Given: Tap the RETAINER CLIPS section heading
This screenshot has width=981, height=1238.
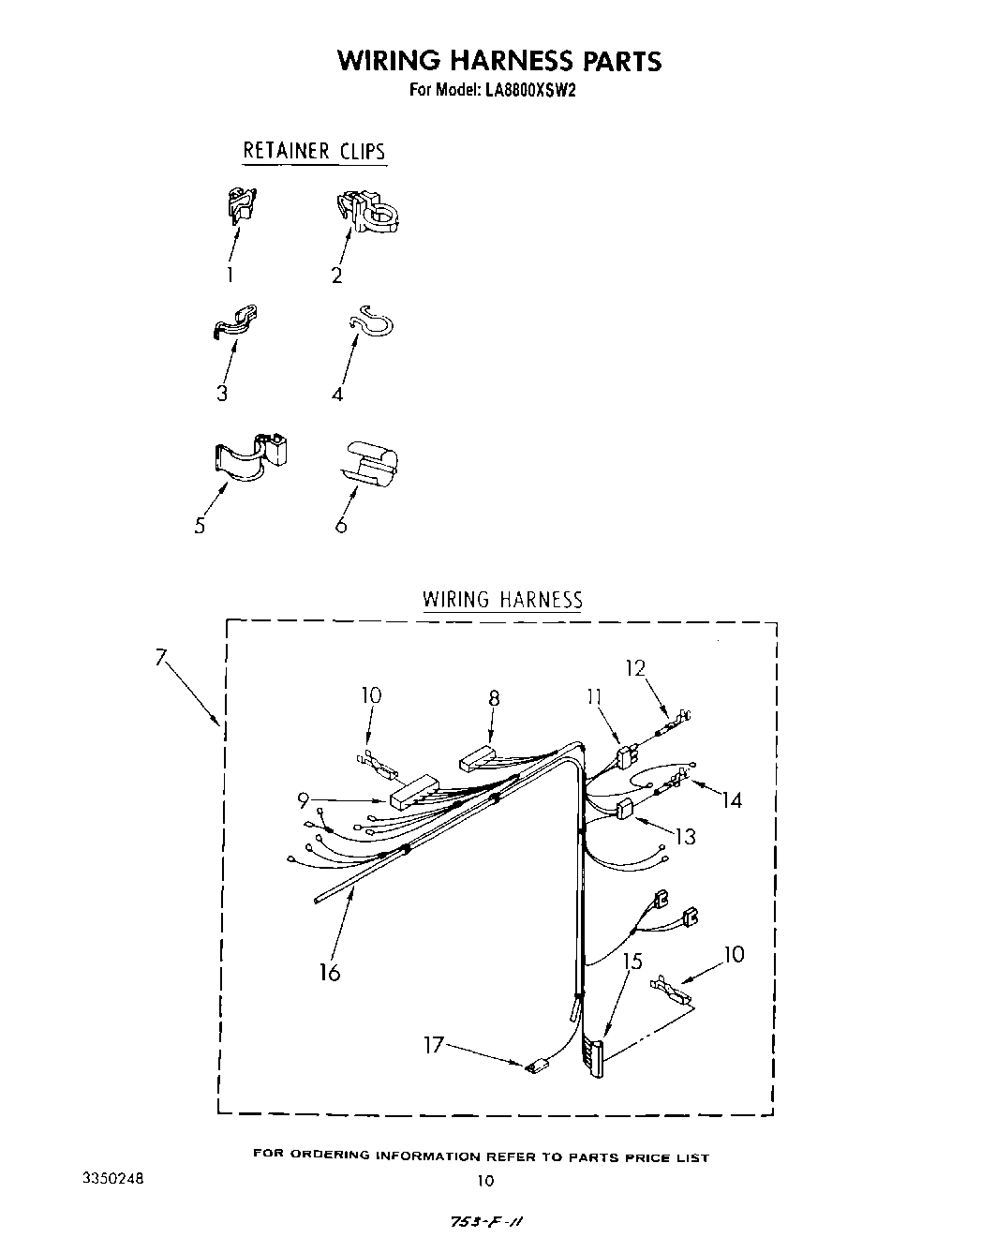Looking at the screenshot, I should coord(314,151).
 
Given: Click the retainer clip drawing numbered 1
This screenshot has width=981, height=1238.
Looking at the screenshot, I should coord(242,205).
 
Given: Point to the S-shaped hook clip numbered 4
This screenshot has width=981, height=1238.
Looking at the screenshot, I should coord(372,324).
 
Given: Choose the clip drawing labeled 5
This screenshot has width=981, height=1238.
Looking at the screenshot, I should coord(248,455).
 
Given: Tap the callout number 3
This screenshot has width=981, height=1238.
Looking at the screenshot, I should coord(222,393).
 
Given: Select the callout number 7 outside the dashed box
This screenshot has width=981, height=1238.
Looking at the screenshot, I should coord(160,658).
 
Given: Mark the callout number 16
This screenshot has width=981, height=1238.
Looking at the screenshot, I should coord(329,972).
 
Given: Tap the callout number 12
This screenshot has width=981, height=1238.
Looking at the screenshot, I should coord(636,668).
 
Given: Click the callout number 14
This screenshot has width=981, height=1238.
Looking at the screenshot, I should coord(732,799).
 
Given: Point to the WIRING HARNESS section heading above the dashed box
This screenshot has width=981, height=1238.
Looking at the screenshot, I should coord(502,600).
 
